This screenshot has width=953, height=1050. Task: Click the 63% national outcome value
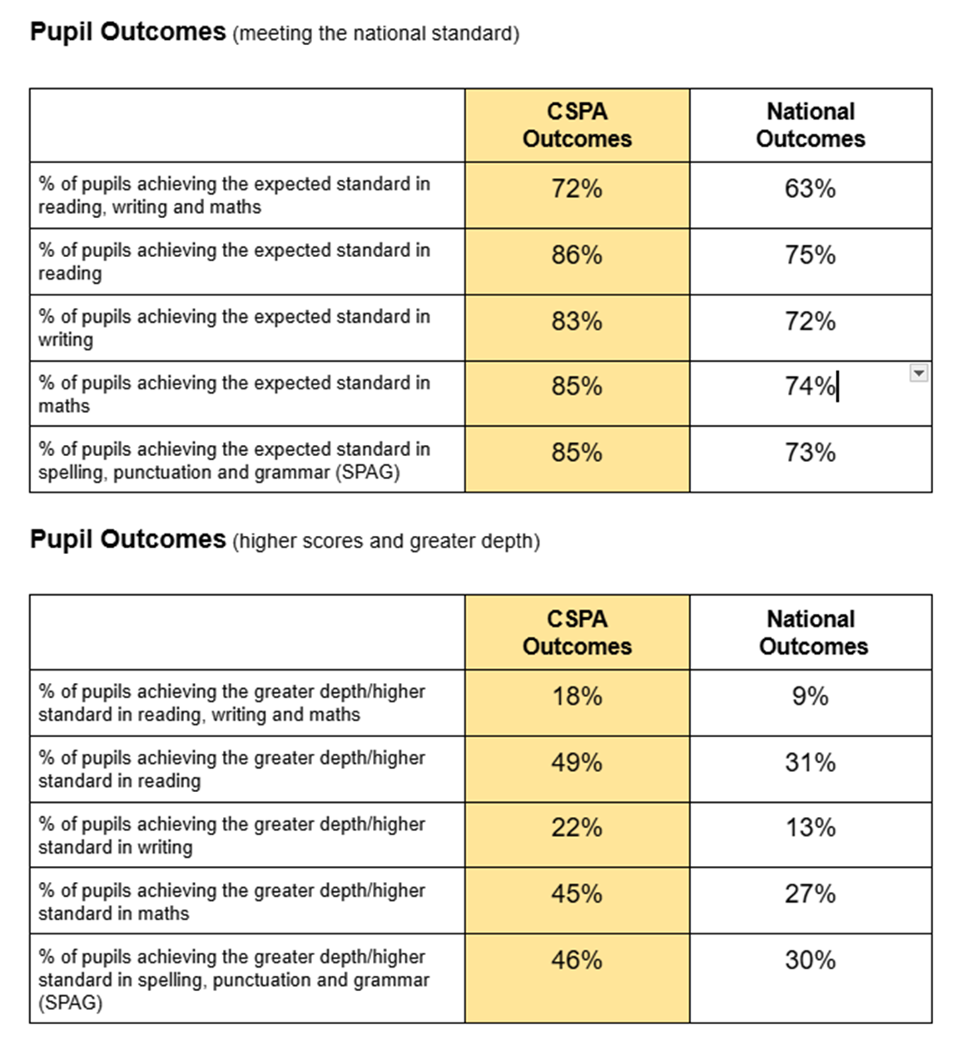[x=810, y=189]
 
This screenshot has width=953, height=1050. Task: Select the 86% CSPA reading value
[x=577, y=255]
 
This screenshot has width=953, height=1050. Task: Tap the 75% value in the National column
[x=810, y=255]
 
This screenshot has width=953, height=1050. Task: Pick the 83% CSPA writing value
[x=577, y=321]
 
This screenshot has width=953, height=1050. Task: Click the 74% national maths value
[x=810, y=386]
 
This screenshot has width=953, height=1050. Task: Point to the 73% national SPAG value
[x=810, y=453]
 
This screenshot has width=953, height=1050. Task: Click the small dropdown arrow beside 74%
[x=918, y=373]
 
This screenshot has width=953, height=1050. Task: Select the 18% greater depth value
[x=577, y=696]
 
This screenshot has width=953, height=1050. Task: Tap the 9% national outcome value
[x=810, y=696]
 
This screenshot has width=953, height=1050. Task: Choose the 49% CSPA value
[x=577, y=763]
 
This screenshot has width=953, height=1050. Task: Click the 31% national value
[x=810, y=763]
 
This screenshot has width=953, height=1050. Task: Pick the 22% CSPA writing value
[x=577, y=828]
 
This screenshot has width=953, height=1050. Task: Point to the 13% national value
[x=810, y=828]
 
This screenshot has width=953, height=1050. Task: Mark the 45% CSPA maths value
[x=577, y=894]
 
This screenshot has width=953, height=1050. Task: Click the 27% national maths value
[x=810, y=894]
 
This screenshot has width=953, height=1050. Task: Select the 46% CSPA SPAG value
[x=577, y=960]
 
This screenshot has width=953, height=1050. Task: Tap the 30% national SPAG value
[x=810, y=960]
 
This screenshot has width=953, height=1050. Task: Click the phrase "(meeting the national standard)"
[x=376, y=34]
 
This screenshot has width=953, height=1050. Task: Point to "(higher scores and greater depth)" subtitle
[x=386, y=542]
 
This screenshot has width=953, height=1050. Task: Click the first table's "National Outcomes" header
[x=810, y=125]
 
